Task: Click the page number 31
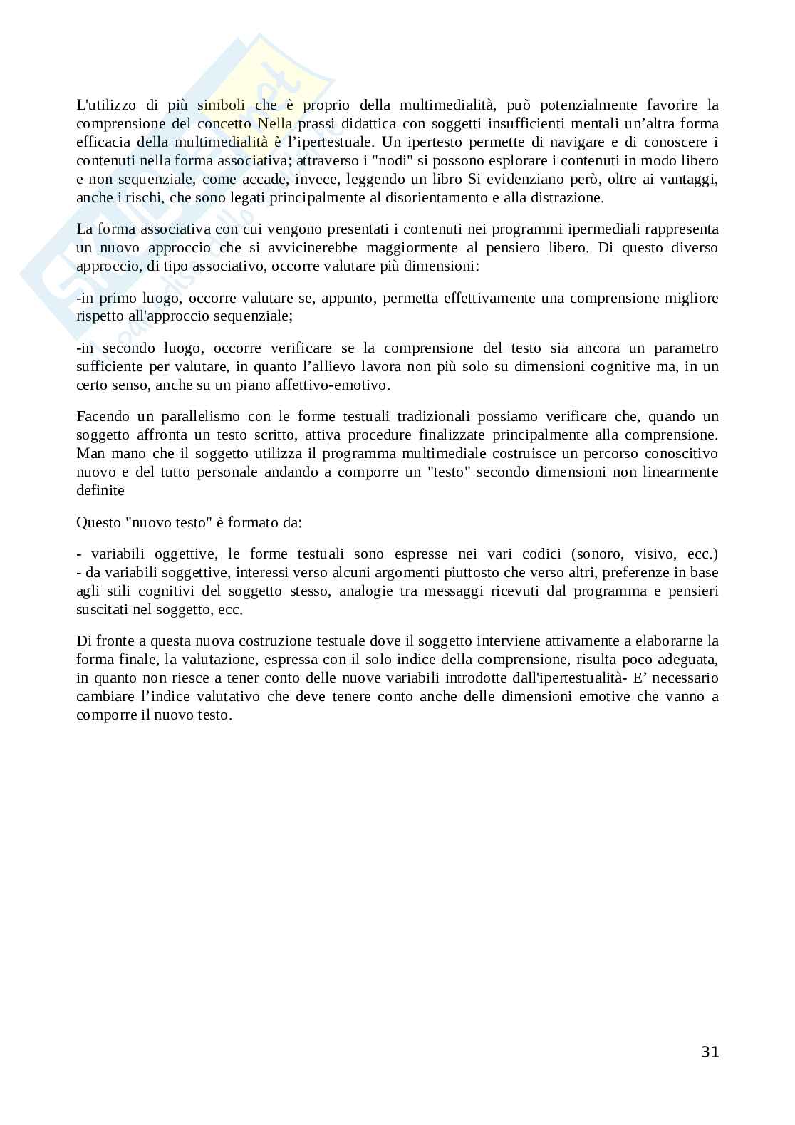(710, 1052)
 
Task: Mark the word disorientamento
(431, 198)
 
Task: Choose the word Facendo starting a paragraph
(100, 417)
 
